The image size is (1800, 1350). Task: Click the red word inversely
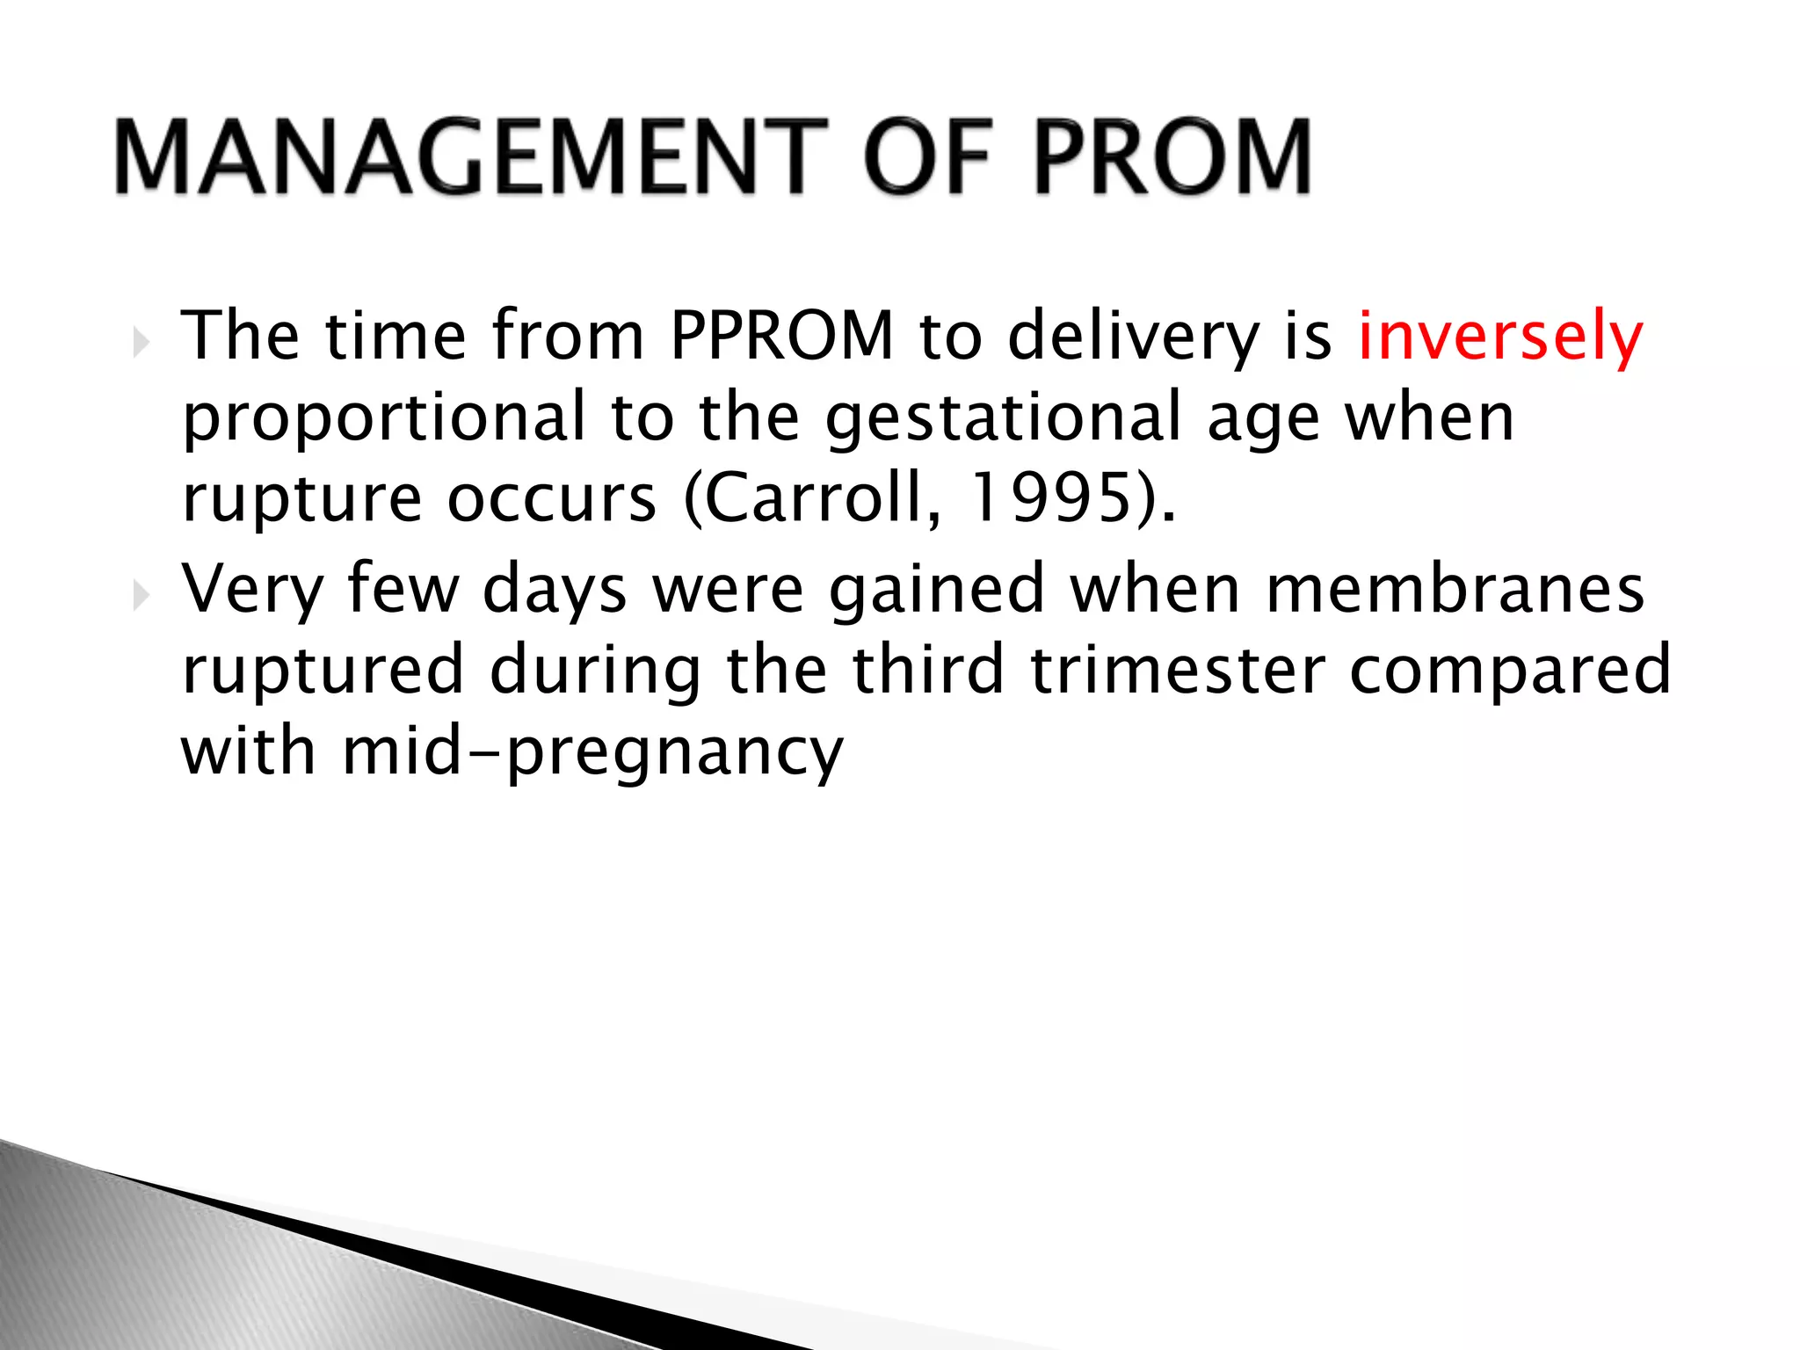click(x=1499, y=336)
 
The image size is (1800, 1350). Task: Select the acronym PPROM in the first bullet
click(x=781, y=336)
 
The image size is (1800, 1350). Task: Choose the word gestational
click(x=1003, y=418)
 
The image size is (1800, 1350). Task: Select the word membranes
click(x=1455, y=589)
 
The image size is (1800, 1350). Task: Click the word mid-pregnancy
click(x=592, y=753)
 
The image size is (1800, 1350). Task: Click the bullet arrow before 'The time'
click(x=142, y=342)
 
